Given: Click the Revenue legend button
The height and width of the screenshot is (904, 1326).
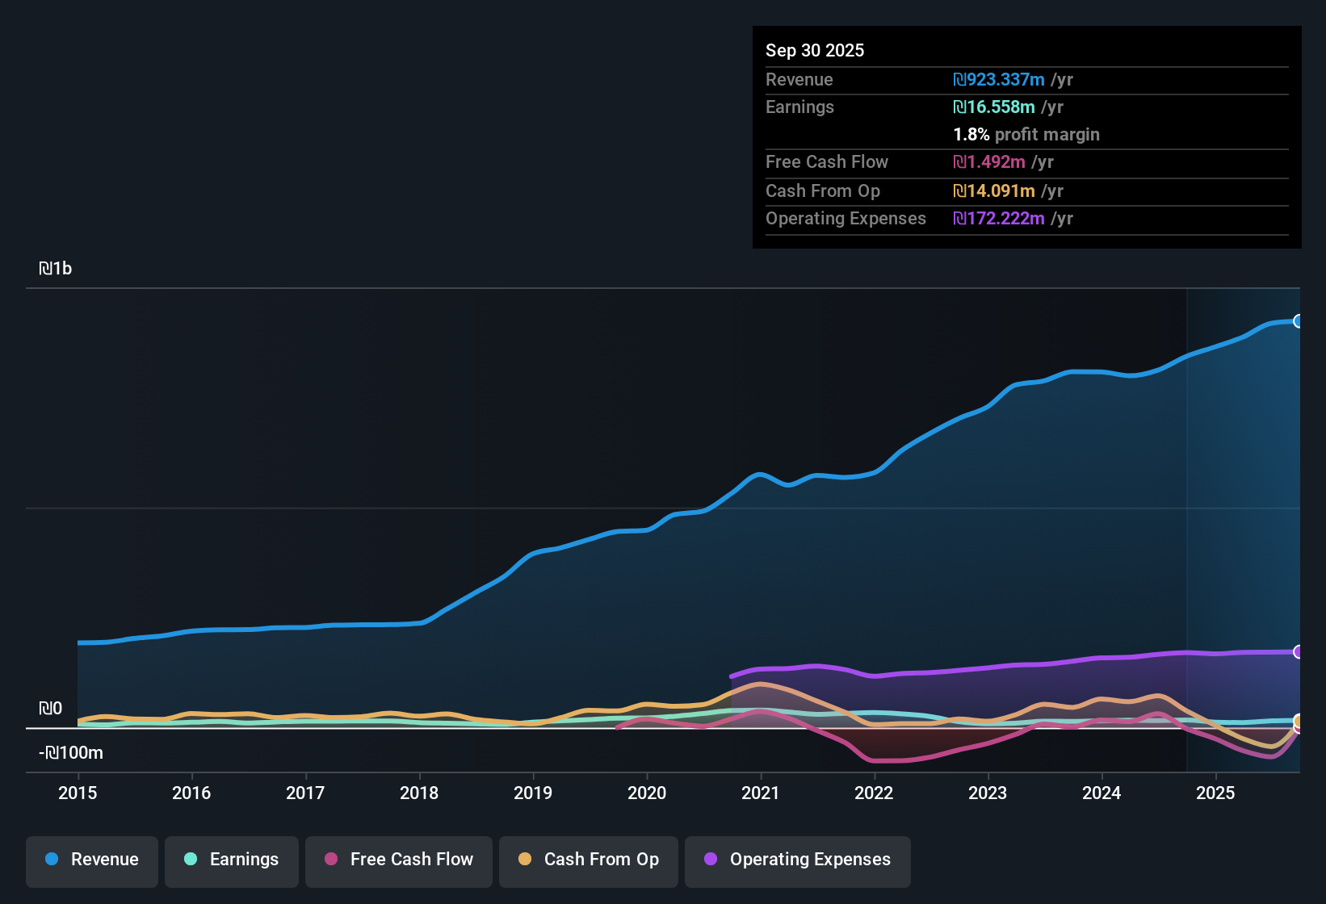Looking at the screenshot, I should pos(92,860).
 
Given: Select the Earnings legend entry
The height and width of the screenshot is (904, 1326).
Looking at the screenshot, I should pos(232,860).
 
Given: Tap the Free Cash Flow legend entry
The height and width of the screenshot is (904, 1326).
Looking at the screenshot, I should pos(399,860).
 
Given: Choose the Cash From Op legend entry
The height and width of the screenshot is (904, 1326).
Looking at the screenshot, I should pos(589,860).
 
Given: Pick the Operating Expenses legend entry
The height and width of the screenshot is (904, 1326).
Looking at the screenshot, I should pos(798,860).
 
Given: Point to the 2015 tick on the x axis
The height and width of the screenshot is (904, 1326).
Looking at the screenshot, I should pos(78,793).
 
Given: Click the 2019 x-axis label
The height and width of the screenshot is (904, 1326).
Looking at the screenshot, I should pos(533,793).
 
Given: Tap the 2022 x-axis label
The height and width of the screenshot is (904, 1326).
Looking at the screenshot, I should pos(874,793).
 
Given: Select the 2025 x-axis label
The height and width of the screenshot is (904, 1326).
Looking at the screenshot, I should pos(1215,793).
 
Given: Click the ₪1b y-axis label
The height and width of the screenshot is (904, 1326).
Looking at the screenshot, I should pos(55,269).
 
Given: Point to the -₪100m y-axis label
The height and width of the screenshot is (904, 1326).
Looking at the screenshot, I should pos(71,753).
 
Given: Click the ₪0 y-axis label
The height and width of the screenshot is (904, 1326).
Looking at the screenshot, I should pos(50,709).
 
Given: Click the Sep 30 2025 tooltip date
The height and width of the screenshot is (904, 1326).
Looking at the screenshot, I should pos(815,50).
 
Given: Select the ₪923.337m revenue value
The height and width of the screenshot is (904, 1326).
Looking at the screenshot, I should pos(999,80).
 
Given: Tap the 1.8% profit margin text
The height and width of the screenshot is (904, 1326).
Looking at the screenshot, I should pos(1026,135).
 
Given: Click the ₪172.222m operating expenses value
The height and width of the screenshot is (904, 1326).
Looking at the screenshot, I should pos(999,219).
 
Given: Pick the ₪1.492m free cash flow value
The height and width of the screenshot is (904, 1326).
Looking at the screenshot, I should pos(989,162).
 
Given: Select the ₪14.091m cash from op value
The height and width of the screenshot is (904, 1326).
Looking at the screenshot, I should pos(994,191).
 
